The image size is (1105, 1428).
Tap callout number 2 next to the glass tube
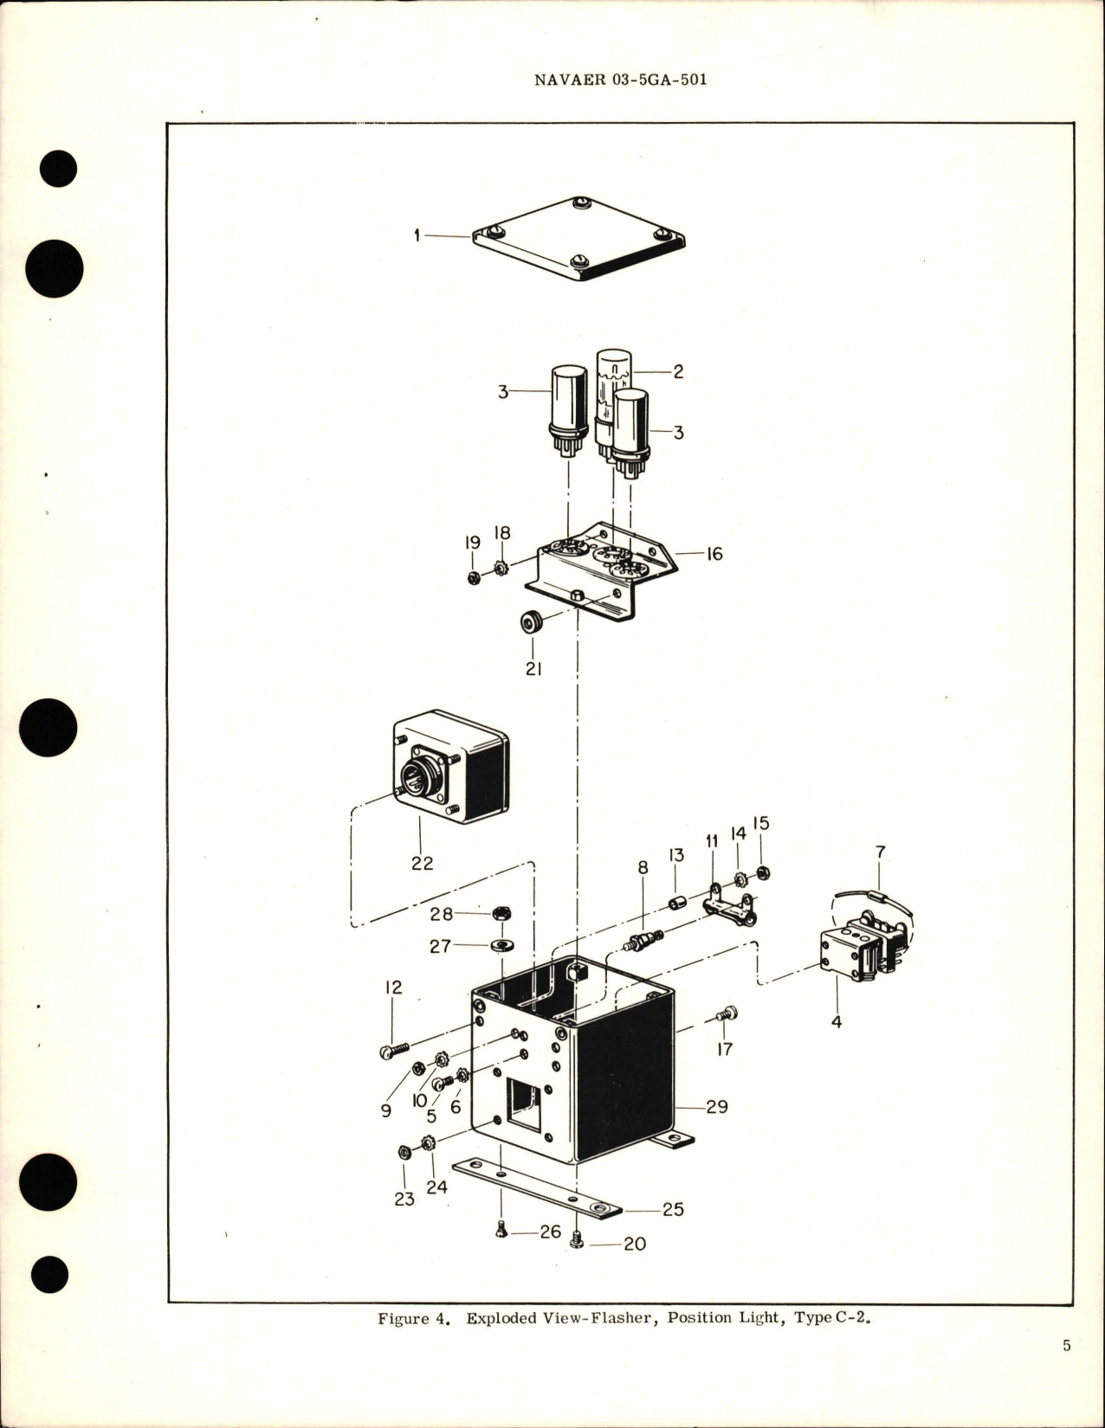click(x=678, y=371)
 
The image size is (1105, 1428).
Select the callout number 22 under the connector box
click(x=422, y=863)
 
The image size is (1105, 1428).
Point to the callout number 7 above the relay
click(x=880, y=852)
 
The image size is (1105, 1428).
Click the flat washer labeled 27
click(x=500, y=946)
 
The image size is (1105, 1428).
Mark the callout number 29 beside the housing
click(x=717, y=1106)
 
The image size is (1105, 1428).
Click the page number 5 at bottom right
click(x=1067, y=1369)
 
